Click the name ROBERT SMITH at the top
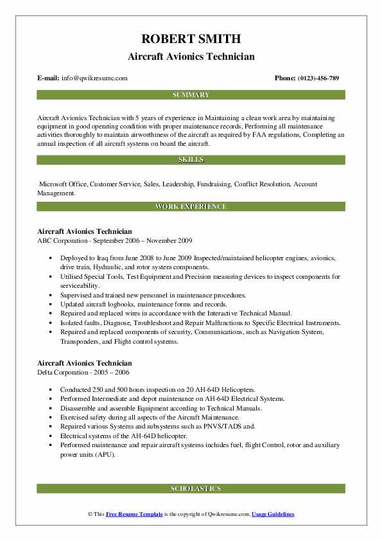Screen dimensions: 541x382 click(x=191, y=39)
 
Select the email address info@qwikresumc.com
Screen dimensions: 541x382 click(x=94, y=78)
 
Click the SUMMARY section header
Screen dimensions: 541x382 click(x=191, y=95)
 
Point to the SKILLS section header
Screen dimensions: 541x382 click(x=191, y=160)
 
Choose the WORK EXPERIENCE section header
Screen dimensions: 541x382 click(x=191, y=207)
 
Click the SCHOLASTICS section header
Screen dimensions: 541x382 click(x=191, y=489)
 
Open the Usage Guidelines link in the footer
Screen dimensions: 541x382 click(x=273, y=515)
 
